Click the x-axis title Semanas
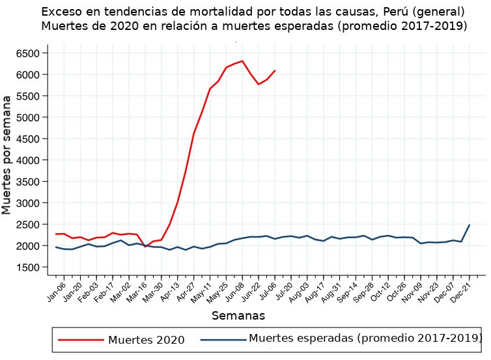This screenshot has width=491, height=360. coord(238,316)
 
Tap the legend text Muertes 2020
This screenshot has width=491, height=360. coord(146,340)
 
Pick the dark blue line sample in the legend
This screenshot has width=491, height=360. coord(223,339)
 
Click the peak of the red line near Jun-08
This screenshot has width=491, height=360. coord(242,61)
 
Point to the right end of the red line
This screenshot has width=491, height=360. coord(275,70)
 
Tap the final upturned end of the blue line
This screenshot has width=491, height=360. coord(469,225)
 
